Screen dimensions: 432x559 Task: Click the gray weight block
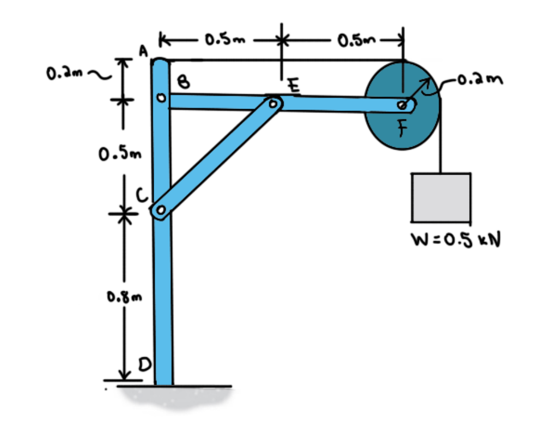click(x=441, y=197)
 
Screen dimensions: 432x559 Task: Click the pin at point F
click(x=402, y=105)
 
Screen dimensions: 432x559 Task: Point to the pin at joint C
click(x=160, y=210)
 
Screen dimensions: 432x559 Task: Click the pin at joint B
click(x=161, y=98)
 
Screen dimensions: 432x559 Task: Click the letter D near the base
click(x=147, y=364)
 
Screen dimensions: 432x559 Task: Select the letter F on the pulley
click(x=402, y=130)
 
